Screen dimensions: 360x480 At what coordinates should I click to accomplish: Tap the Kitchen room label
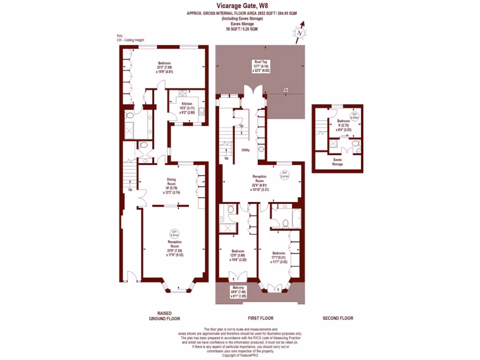point(187,104)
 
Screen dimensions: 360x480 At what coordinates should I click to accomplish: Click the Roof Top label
point(261,62)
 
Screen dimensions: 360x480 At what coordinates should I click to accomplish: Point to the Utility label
point(245,150)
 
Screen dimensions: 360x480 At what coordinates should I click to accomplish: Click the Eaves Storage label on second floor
point(337,162)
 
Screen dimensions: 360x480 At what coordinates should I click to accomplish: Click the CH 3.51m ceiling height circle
point(174,233)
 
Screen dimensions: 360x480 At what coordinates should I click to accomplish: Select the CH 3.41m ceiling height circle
point(284,174)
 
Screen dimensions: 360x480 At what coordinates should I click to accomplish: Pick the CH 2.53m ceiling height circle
point(354,116)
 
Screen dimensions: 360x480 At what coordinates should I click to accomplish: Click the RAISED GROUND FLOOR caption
point(164,315)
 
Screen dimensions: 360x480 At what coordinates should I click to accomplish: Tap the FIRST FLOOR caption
point(260,318)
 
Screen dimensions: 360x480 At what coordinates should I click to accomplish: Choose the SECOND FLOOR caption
point(337,318)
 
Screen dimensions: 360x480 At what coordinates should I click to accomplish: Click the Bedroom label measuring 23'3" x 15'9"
point(165,63)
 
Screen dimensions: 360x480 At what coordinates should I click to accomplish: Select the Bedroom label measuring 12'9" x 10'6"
point(238,251)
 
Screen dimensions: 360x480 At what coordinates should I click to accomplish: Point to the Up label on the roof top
point(285,90)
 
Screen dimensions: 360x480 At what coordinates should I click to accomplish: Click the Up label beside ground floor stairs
point(130,190)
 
